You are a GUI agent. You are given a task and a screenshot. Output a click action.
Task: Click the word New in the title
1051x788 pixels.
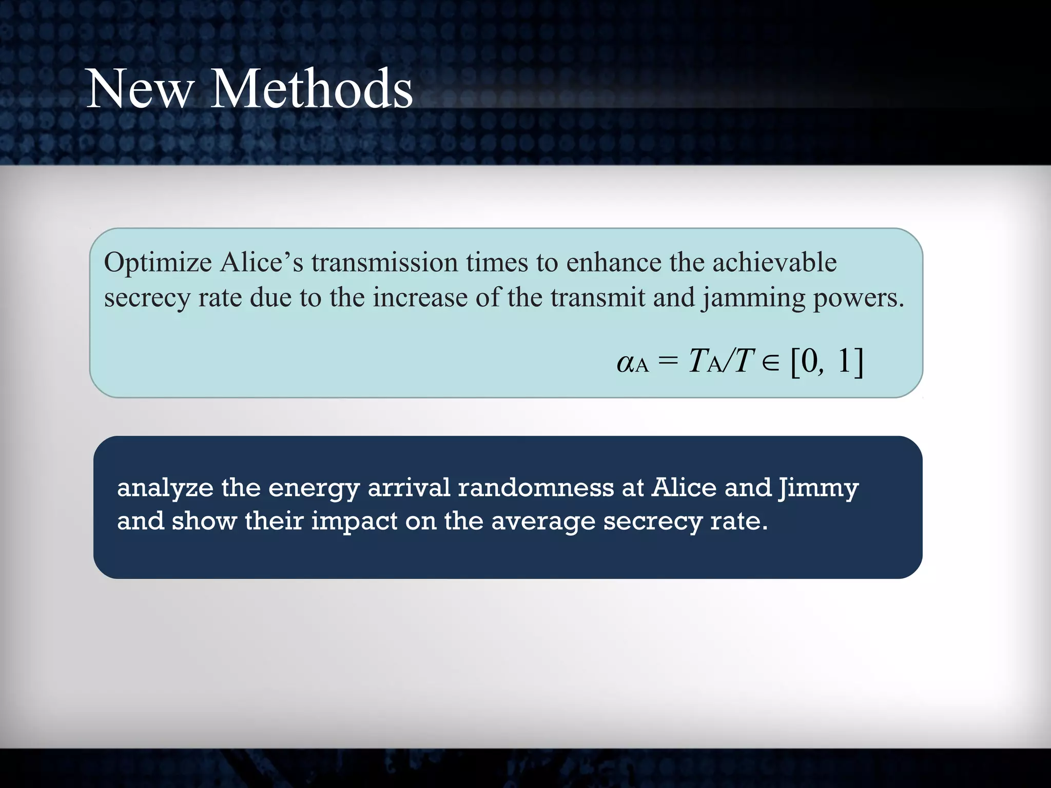140,89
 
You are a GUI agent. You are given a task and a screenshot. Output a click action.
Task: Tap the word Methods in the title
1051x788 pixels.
312,89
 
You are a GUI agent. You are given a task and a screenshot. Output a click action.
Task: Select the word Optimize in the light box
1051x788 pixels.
158,263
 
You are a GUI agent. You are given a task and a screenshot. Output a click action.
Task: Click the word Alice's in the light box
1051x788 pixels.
262,263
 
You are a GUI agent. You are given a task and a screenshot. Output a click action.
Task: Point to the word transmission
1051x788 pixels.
384,263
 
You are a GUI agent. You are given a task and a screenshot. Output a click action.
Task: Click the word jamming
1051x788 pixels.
754,299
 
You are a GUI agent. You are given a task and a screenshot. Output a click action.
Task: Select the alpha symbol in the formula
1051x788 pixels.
626,362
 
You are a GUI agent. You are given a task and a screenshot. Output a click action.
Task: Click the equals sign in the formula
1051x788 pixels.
668,361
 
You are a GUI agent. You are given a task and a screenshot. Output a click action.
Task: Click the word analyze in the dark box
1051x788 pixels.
165,488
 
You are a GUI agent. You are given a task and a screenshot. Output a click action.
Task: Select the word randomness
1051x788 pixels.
536,487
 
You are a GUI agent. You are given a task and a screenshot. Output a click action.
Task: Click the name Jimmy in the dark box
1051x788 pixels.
819,488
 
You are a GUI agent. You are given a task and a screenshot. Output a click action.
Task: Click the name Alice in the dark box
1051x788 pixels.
684,487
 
